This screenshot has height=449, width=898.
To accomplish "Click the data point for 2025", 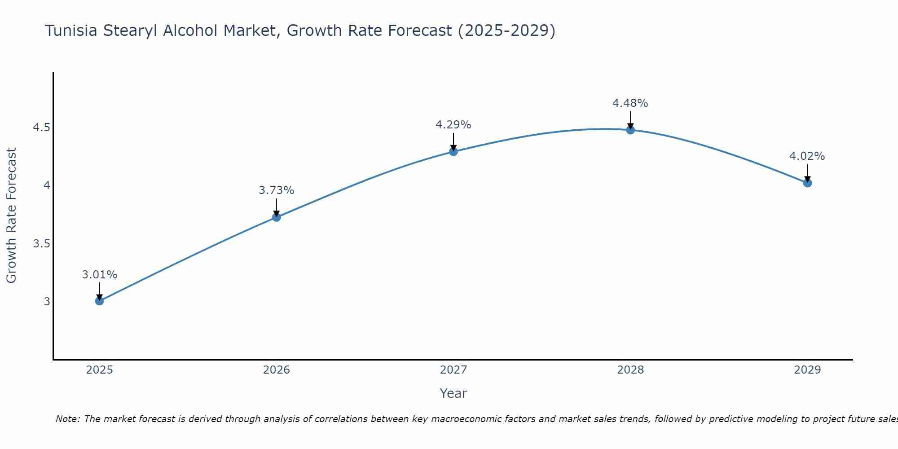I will [x=99, y=301].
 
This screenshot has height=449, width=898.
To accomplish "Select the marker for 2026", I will [x=277, y=217].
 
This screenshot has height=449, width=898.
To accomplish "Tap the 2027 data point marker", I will [x=453, y=152].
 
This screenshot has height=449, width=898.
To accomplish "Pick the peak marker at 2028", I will [x=630, y=130].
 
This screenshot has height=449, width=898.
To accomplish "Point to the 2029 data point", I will [x=807, y=183].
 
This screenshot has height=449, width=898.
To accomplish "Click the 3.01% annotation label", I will [x=99, y=275].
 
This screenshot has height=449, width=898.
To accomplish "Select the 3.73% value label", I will [x=277, y=190].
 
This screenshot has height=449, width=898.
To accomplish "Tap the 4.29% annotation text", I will [x=453, y=125].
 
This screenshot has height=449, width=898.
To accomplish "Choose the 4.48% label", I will [x=630, y=103].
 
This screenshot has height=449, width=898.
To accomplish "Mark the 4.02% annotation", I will [x=807, y=156].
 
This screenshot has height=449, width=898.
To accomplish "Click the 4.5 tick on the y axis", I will [x=41, y=128].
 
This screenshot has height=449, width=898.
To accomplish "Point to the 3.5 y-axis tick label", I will [x=41, y=244].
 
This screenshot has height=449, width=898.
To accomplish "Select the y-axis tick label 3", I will [x=47, y=301].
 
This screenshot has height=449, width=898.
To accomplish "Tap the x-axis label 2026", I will [x=277, y=370].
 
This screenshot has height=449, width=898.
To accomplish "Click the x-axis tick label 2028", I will [x=630, y=370].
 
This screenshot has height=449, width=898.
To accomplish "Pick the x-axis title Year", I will [x=453, y=393].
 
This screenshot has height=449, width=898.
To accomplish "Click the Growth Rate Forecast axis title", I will [x=11, y=216].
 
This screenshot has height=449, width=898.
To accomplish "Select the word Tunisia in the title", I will [x=71, y=31].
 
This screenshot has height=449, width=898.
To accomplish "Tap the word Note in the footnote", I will [x=67, y=419].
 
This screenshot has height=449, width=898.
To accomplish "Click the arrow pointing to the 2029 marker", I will [x=807, y=173].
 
